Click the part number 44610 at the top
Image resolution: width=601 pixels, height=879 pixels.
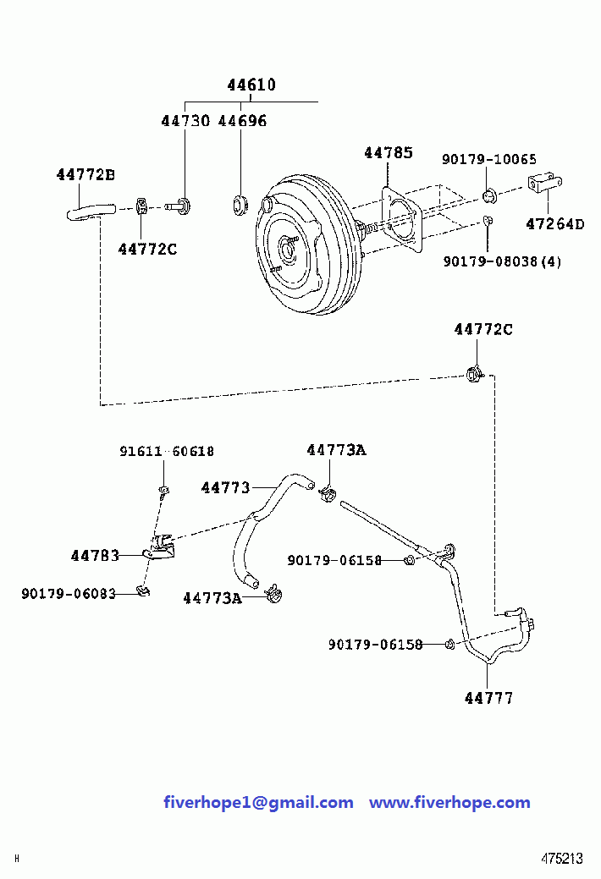(251, 85)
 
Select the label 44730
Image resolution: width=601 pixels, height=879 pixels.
(185, 121)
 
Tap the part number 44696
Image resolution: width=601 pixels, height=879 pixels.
(242, 121)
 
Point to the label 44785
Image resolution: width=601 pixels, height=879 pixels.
(389, 153)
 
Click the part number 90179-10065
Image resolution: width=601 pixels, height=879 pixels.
(488, 159)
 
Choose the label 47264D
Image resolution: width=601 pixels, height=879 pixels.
(554, 224)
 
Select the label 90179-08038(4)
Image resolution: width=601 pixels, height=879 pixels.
(502, 261)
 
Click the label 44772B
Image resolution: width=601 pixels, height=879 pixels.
(85, 175)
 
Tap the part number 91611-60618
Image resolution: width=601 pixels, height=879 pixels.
(166, 452)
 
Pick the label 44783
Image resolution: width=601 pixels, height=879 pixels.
(95, 556)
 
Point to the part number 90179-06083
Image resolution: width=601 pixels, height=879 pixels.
(69, 594)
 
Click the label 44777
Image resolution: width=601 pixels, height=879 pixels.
(488, 698)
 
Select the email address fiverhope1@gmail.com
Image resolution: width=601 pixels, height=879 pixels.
(258, 802)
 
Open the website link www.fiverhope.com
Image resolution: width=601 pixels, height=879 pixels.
(449, 802)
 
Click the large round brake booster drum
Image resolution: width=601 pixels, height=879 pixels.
(305, 245)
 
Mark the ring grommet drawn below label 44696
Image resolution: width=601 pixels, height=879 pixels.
(240, 204)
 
